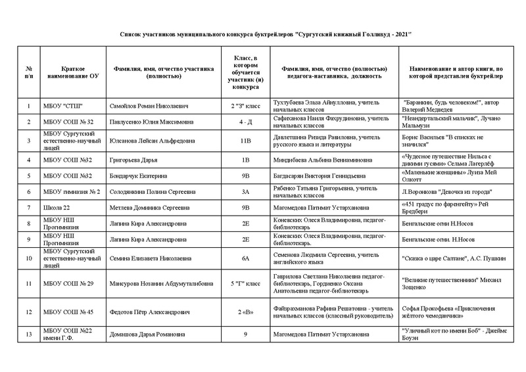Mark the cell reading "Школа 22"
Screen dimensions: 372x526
tap(57, 208)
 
